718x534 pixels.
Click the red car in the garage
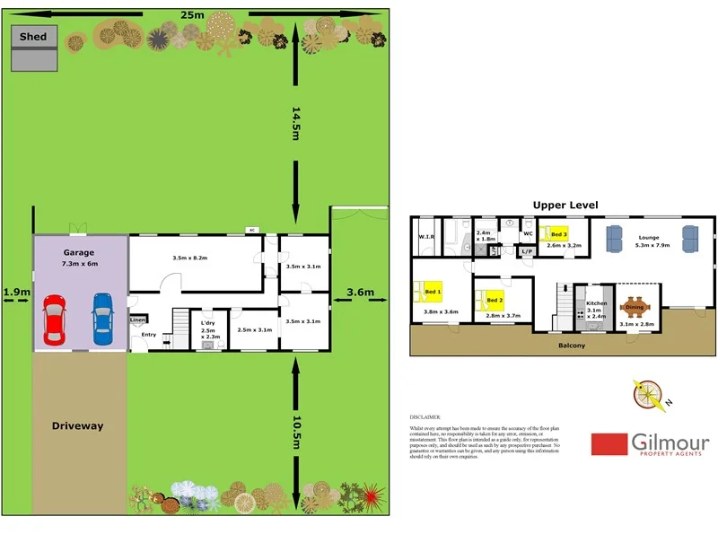click(x=55, y=320)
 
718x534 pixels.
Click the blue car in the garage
click(x=103, y=320)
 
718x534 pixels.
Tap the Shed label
click(x=34, y=37)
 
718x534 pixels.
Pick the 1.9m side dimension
click(x=15, y=292)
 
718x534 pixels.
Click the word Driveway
click(x=78, y=425)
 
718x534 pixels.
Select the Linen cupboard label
click(x=137, y=320)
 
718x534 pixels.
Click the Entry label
click(x=149, y=335)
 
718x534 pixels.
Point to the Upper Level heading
click(x=565, y=206)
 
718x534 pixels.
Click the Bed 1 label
click(x=433, y=293)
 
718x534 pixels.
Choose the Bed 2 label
click(x=495, y=299)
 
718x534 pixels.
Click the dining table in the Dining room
click(x=635, y=308)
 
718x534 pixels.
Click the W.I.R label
click(x=426, y=238)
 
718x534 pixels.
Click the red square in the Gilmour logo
click(x=609, y=444)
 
